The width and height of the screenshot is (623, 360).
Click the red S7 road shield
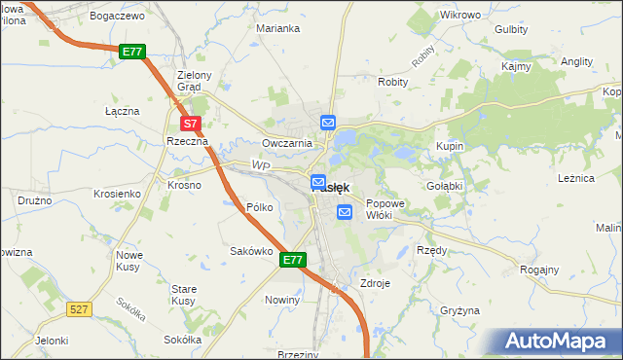[x=191, y=124]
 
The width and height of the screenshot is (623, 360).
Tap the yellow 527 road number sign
[x=80, y=308]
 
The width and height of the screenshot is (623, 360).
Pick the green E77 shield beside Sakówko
[x=294, y=260]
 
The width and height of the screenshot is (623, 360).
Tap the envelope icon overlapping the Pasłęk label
[x=318, y=182]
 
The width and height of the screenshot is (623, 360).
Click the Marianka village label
[x=277, y=28]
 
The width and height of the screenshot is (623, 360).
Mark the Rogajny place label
[x=539, y=270]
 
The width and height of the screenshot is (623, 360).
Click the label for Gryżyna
[x=459, y=310]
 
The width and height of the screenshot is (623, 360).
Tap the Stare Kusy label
[x=184, y=295]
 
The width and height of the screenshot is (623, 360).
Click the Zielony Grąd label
[x=188, y=80]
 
